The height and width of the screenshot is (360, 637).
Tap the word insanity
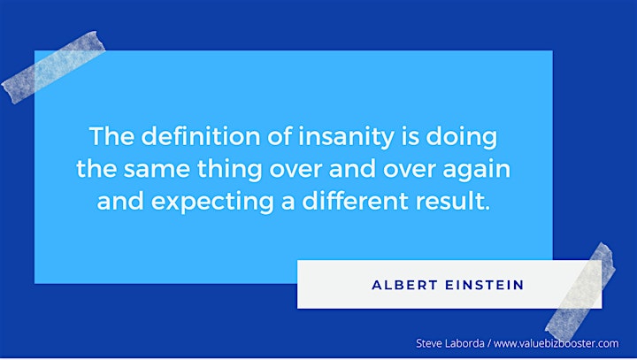tap(346, 137)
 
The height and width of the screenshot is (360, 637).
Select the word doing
tap(462, 137)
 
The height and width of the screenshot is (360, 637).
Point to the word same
tap(157, 169)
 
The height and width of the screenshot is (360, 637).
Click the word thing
tap(229, 170)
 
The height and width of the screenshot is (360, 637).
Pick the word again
tap(477, 170)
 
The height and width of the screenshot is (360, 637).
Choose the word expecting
tap(213, 203)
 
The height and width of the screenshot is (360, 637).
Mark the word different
tap(355, 201)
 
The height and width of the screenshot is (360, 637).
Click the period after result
tap(487, 209)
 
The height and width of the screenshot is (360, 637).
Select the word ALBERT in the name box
tap(404, 285)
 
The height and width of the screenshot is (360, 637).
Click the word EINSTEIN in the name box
tap(485, 285)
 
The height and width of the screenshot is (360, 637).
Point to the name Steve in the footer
tap(429, 343)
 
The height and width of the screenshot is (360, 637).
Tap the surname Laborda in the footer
tap(464, 343)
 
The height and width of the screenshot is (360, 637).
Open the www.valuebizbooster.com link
tap(556, 343)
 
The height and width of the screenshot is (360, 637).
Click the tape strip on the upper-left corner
tap(53, 67)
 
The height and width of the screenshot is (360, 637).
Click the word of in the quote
tap(280, 135)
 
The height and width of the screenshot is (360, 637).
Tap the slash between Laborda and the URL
tap(489, 344)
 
